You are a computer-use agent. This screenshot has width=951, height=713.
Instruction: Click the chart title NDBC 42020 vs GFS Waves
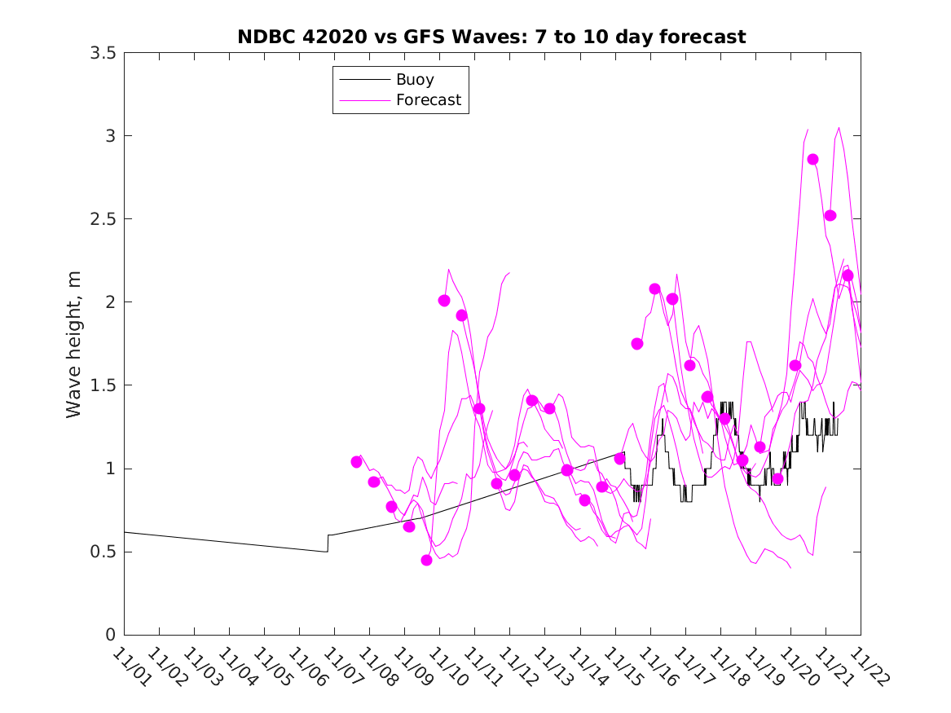tap(491, 37)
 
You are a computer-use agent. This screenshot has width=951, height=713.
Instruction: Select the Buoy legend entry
tap(415, 80)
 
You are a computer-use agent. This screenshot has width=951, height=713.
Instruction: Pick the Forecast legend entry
tap(428, 100)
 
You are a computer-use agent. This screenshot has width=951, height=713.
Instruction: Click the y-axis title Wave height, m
tap(74, 344)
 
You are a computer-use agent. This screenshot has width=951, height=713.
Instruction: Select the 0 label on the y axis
tap(110, 636)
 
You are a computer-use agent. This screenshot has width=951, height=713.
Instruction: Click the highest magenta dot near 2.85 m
tap(812, 159)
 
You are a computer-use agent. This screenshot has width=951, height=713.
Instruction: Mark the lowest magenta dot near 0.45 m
tap(426, 560)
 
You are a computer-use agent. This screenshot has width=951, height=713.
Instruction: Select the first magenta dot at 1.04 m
tap(356, 462)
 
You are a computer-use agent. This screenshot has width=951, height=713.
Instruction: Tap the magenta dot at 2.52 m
tap(830, 215)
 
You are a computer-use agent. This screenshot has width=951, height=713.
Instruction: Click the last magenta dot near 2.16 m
tap(848, 275)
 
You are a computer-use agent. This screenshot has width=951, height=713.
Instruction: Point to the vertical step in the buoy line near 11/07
tap(328, 544)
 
